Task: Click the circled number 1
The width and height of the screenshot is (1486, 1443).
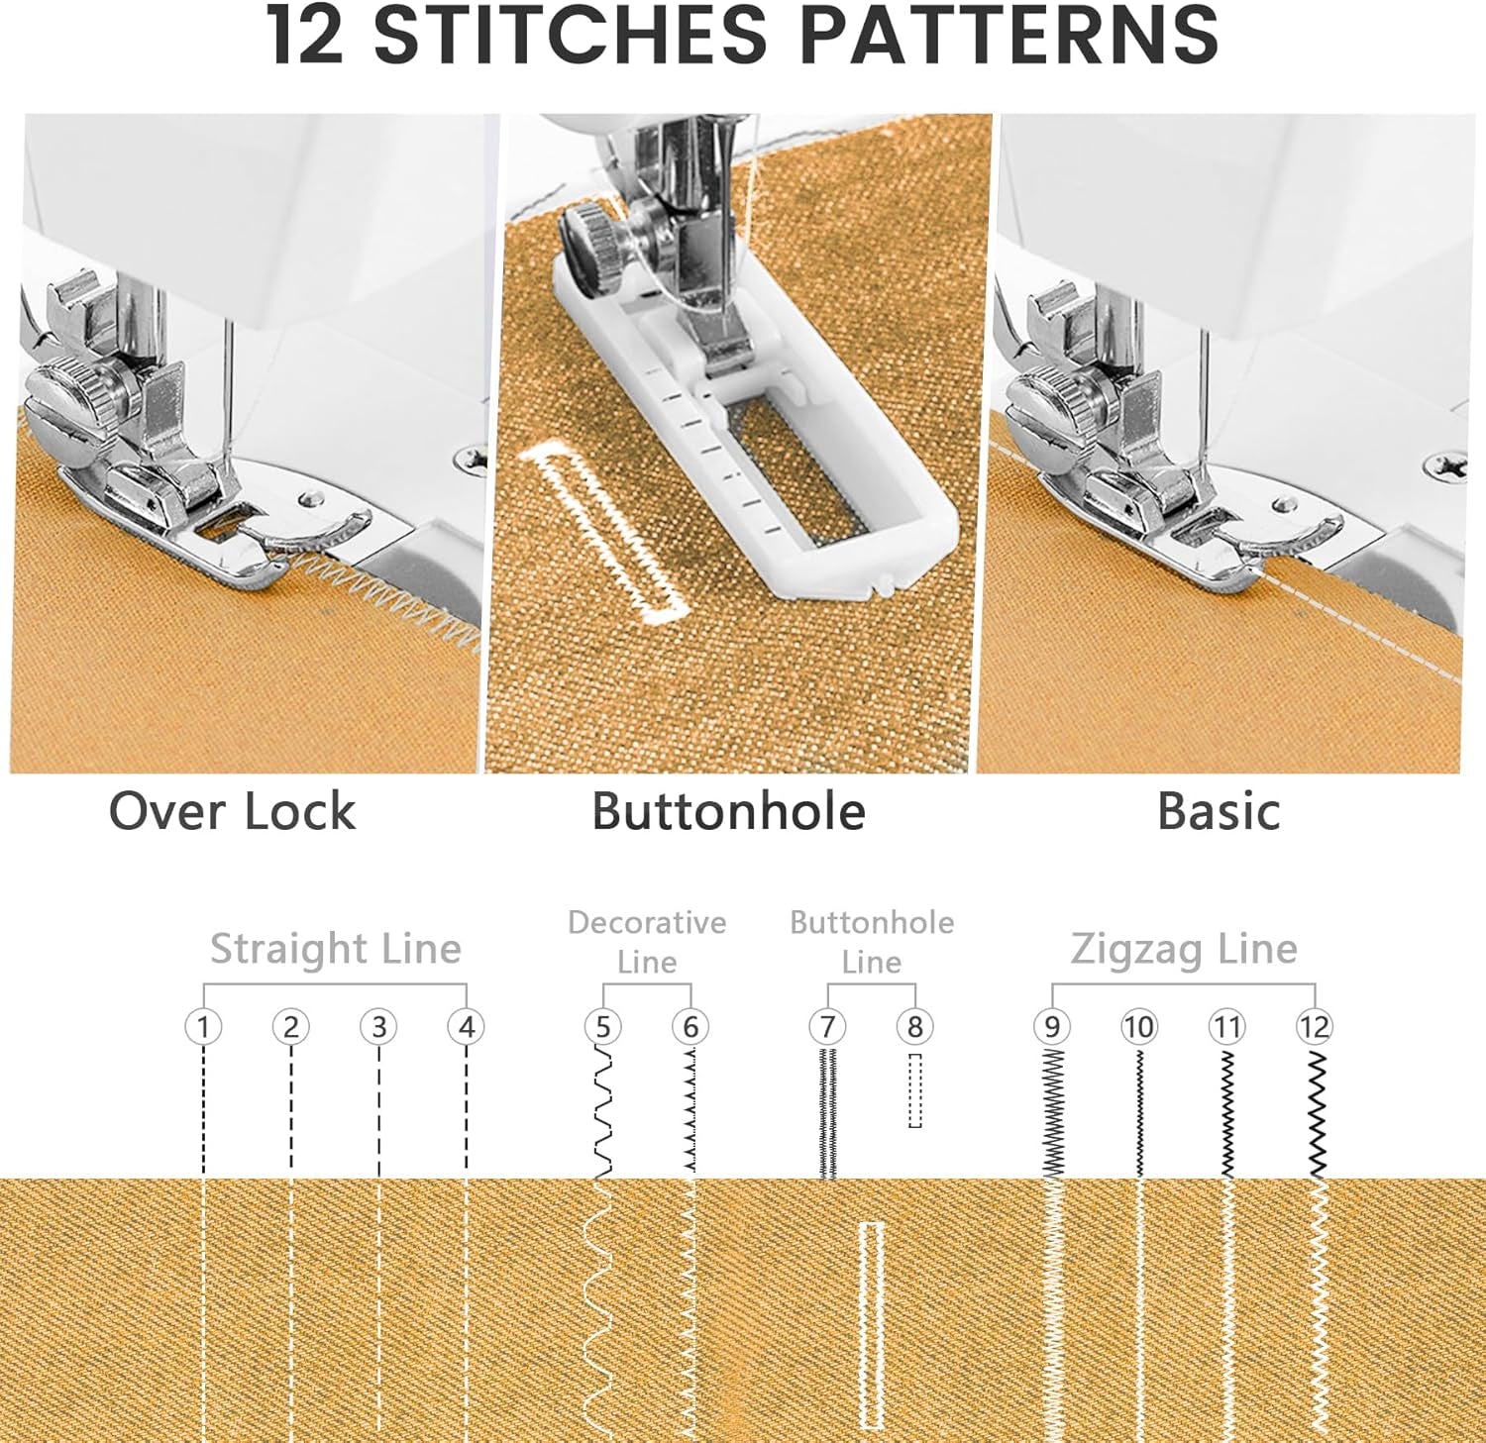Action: pyautogui.click(x=203, y=1027)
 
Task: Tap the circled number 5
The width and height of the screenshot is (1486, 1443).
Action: pyautogui.click(x=602, y=1027)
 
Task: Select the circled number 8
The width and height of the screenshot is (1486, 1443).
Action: pyautogui.click(x=914, y=1027)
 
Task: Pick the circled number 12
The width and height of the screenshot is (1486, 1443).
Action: pyautogui.click(x=1315, y=1027)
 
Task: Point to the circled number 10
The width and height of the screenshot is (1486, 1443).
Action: pyautogui.click(x=1139, y=1027)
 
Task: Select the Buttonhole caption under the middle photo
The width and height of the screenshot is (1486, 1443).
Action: pyautogui.click(x=729, y=811)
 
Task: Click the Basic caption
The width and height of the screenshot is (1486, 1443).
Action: pyautogui.click(x=1219, y=811)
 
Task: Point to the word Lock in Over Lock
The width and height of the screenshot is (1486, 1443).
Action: pyautogui.click(x=299, y=811)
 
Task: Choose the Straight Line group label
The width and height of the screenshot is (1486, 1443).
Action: pyautogui.click(x=336, y=949)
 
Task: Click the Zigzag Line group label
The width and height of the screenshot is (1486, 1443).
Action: pyautogui.click(x=1184, y=949)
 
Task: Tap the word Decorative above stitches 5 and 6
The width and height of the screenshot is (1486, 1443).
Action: pyautogui.click(x=647, y=922)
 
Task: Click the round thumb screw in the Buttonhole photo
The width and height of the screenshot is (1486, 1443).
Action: pyautogui.click(x=592, y=248)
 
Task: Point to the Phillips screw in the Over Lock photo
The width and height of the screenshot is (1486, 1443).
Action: pyautogui.click(x=471, y=460)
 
